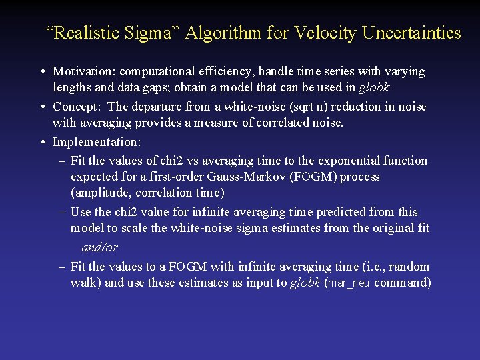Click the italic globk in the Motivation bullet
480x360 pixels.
click(373, 88)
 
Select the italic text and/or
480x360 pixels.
click(99, 247)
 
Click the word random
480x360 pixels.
click(409, 267)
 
